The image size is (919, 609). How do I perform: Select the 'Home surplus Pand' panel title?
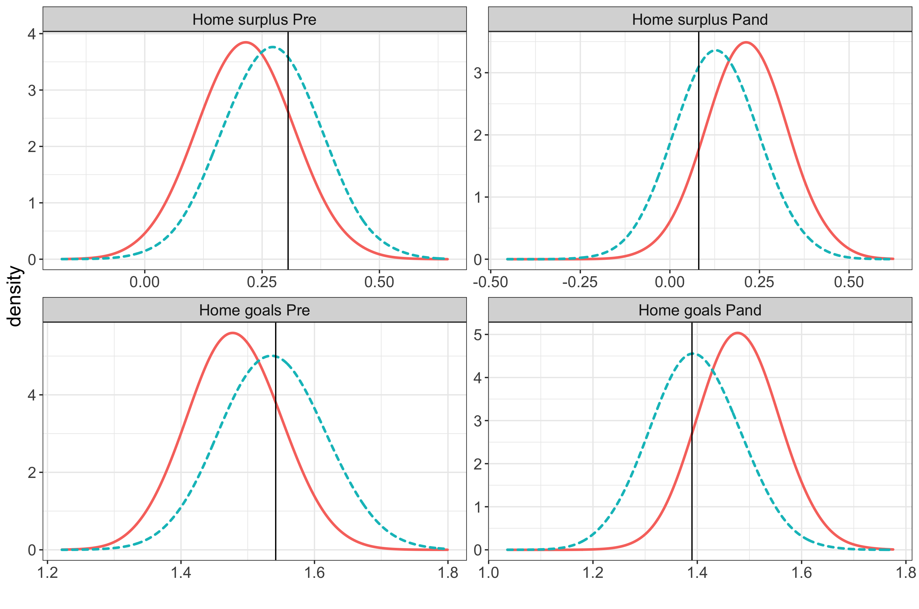(x=700, y=20)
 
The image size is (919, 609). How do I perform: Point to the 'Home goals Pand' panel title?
(x=700, y=310)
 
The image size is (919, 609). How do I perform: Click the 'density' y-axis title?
(x=15, y=296)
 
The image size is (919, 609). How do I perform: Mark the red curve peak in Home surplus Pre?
(x=246, y=42)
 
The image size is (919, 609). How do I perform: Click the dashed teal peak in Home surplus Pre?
(x=272, y=47)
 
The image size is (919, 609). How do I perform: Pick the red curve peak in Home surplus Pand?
(x=746, y=42)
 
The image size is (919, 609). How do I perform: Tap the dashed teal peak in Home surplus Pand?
(x=716, y=50)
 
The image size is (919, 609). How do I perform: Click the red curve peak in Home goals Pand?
(x=737, y=333)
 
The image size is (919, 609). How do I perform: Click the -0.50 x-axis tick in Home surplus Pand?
(x=490, y=282)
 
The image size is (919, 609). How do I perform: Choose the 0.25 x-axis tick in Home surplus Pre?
(x=262, y=282)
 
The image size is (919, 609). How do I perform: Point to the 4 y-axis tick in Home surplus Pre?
(x=32, y=34)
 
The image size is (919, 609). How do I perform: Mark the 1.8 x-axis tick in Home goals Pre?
(x=448, y=573)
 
